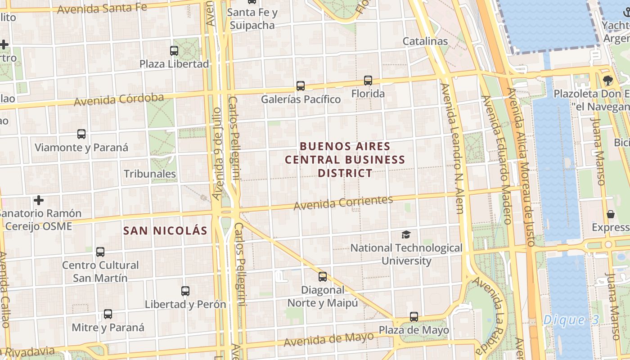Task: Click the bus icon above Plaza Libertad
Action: click(174, 51)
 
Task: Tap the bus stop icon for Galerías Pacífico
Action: click(301, 85)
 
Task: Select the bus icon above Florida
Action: click(368, 81)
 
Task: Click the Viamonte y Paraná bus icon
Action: click(81, 134)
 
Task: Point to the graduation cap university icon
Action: click(406, 234)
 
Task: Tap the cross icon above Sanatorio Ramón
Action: click(39, 200)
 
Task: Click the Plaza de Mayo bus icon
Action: click(414, 317)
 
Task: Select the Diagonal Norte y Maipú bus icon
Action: click(323, 277)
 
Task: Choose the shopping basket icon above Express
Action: click(611, 214)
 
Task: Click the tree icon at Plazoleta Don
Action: click(608, 81)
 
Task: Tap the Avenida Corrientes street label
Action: click(343, 202)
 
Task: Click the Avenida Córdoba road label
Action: click(119, 99)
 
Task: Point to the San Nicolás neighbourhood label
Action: click(166, 231)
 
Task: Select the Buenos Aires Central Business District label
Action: click(345, 160)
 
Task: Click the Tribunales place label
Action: click(150, 174)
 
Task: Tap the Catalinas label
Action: click(425, 41)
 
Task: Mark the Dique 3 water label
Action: click(571, 320)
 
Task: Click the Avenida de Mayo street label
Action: click(328, 339)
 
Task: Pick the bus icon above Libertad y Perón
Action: click(185, 291)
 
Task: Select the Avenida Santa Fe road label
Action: click(103, 8)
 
